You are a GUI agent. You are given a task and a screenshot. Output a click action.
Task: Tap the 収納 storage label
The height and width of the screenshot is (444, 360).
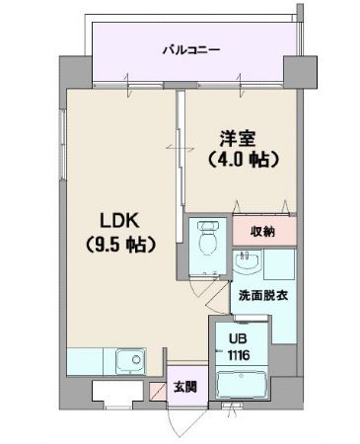point(262,232)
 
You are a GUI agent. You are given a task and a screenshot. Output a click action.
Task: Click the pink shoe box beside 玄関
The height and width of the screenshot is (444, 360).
point(158,389)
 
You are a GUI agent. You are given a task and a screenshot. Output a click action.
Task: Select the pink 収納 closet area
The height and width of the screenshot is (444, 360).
point(262,232)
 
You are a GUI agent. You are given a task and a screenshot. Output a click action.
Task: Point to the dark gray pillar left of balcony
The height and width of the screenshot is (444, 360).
point(75,72)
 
